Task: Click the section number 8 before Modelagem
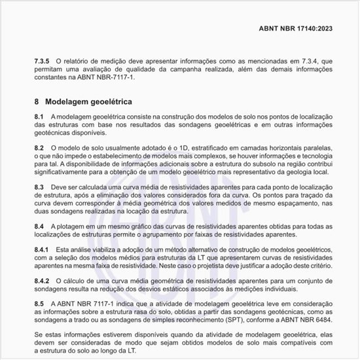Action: point(37,102)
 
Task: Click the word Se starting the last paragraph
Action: point(37,333)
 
